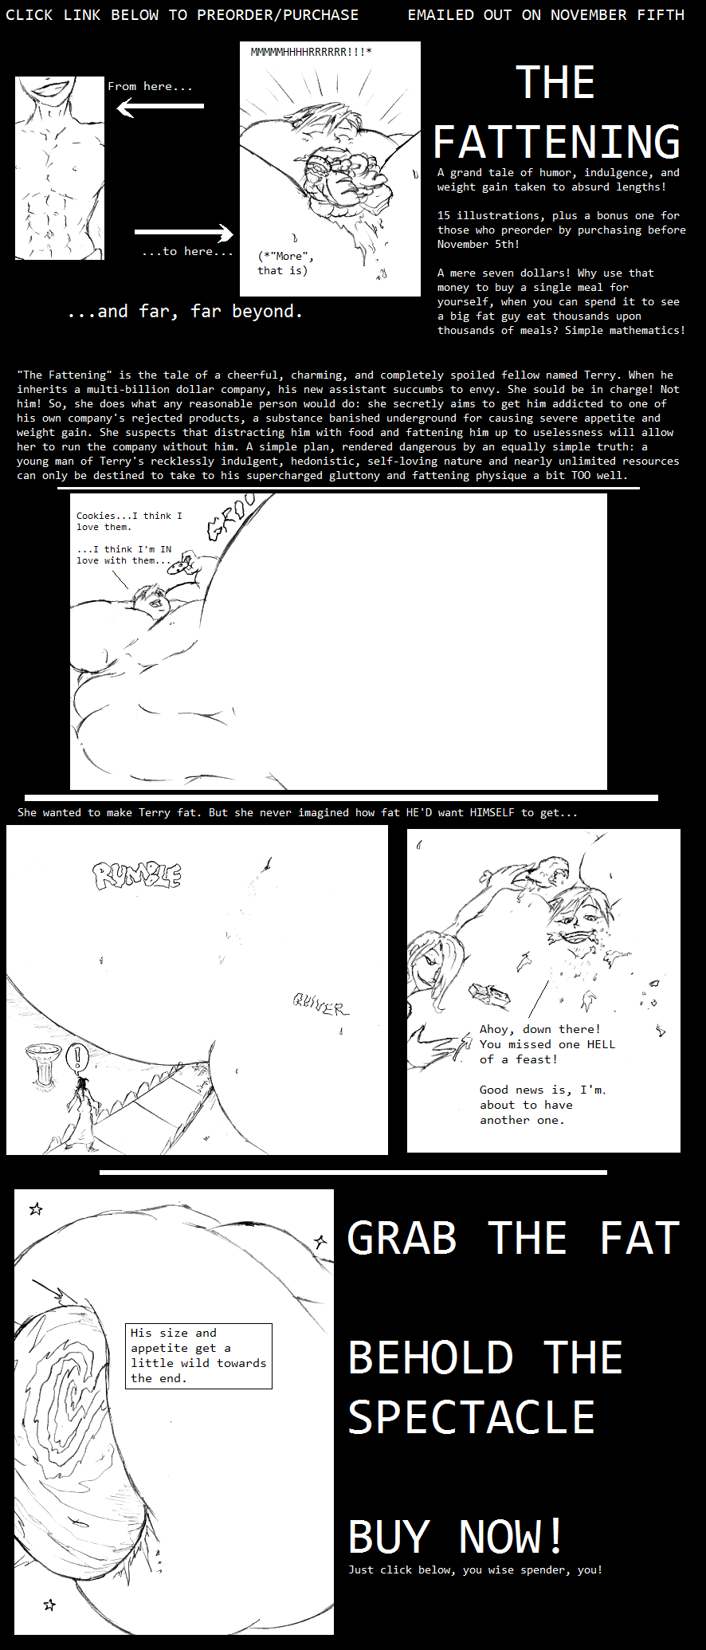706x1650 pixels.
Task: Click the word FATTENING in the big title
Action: click(556, 142)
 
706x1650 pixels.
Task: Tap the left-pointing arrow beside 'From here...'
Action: click(160, 106)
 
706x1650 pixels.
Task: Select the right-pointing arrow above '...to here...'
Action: click(184, 233)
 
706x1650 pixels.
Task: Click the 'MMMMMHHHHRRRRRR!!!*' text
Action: click(311, 52)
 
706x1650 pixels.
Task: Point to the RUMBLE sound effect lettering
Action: click(137, 875)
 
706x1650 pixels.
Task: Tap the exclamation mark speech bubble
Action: click(77, 1058)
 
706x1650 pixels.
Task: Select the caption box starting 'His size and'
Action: click(199, 1356)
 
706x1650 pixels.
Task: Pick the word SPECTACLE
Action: click(472, 1417)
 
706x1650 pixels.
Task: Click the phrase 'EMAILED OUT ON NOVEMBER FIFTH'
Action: click(546, 14)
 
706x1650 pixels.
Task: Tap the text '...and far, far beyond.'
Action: click(185, 312)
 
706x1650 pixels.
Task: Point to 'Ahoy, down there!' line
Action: click(540, 1029)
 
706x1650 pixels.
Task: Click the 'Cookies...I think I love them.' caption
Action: click(129, 521)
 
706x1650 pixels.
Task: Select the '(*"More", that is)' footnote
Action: click(285, 263)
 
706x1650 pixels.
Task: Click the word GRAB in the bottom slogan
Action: click(402, 1238)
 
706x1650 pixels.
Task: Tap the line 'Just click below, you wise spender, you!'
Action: click(475, 1569)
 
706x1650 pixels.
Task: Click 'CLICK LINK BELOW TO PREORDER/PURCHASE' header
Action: click(182, 14)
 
